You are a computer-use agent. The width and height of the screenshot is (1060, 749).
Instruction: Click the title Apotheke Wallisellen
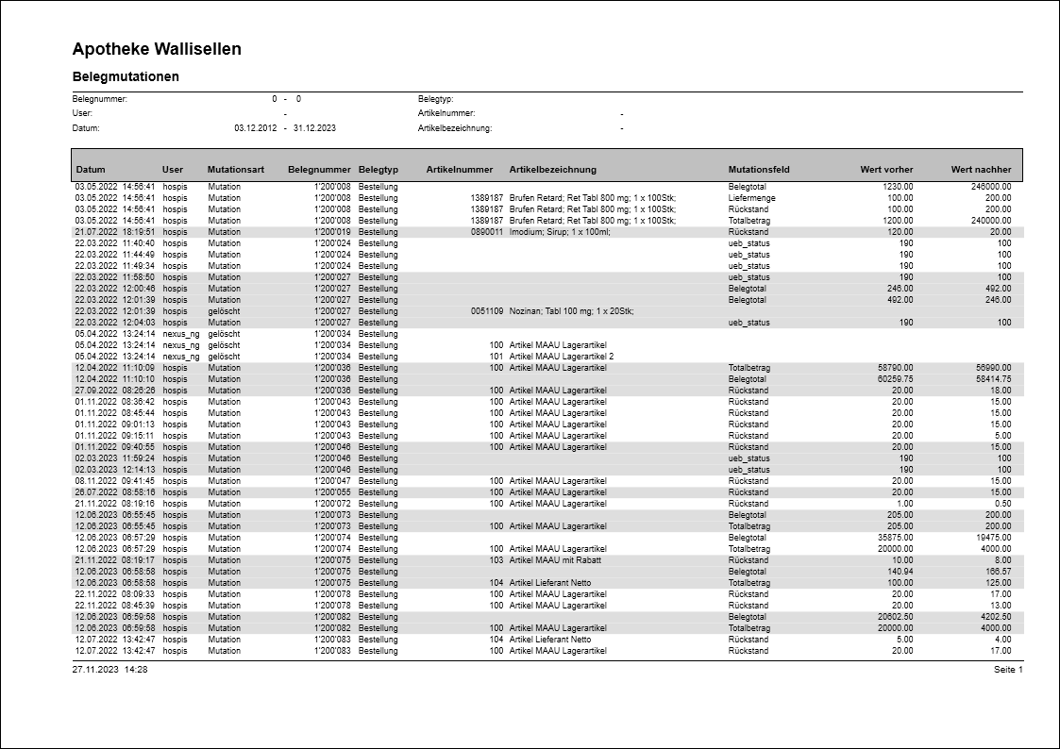[157, 49]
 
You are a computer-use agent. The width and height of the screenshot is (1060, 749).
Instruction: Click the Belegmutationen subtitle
[126, 76]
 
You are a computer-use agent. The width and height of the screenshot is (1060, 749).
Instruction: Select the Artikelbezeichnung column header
[553, 170]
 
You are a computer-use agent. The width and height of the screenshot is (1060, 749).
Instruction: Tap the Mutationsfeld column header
[759, 170]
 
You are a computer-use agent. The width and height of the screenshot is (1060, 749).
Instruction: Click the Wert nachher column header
[981, 170]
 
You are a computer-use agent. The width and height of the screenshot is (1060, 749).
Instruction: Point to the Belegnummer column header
[319, 170]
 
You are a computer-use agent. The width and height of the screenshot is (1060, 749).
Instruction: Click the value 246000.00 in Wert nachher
[990, 187]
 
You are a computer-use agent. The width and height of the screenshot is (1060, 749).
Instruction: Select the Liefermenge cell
[750, 198]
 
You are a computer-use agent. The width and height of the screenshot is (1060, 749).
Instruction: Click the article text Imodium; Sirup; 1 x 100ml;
[560, 232]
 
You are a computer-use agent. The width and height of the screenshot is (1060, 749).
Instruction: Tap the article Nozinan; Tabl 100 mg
[571, 311]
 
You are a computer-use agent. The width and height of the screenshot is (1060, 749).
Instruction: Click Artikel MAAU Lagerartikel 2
[561, 357]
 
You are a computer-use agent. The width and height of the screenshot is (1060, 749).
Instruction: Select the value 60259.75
[893, 379]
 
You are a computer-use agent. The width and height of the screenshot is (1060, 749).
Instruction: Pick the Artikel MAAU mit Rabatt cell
[555, 560]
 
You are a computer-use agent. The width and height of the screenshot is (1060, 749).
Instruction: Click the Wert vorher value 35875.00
[893, 538]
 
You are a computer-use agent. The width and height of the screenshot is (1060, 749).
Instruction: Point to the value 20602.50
[893, 617]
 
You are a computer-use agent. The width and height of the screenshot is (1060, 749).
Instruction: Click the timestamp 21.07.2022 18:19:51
[115, 232]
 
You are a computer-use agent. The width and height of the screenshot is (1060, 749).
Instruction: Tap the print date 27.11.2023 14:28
[109, 669]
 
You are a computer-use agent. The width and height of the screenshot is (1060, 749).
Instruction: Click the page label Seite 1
[1008, 669]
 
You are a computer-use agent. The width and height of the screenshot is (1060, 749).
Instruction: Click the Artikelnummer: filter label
[446, 113]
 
